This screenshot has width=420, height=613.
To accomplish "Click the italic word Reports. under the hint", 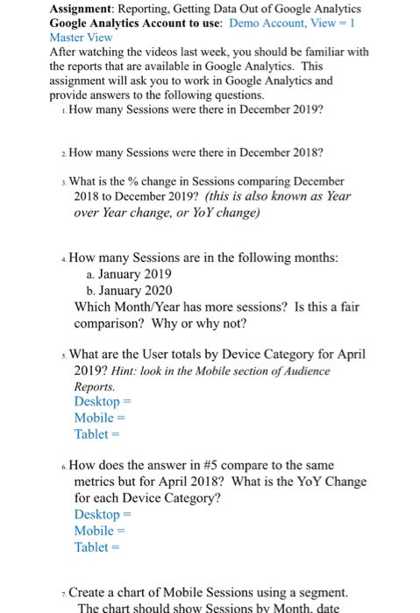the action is click(95, 385).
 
